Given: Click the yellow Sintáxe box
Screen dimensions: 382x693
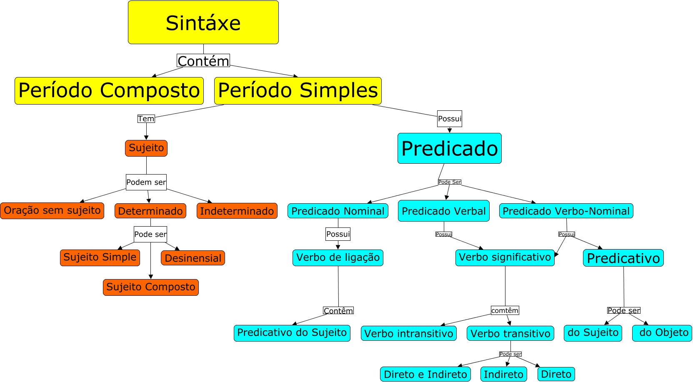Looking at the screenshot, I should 203,22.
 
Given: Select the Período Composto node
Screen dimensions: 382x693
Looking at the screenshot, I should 109,90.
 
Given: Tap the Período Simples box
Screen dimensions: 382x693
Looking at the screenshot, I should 298,90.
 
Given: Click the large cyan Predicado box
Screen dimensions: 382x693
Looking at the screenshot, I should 450,148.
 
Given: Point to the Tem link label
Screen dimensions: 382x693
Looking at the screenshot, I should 146,119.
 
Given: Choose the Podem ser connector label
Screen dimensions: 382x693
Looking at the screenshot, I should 146,182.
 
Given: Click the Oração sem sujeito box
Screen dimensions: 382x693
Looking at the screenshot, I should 52,210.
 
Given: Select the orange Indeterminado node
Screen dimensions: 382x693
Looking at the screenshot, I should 237,211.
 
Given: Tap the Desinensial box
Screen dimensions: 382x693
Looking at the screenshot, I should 193,258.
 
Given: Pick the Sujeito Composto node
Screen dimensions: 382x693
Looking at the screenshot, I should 151,287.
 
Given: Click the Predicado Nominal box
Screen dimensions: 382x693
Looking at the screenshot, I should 338,211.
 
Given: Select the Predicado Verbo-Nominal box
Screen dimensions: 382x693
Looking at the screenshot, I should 566,211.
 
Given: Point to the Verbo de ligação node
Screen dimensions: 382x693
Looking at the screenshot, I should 338,257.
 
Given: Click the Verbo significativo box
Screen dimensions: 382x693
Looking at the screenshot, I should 505,257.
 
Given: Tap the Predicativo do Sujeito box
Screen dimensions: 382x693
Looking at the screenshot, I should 292,333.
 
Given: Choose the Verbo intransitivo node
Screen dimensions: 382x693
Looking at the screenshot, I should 409,333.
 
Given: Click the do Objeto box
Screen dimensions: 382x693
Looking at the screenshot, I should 662,333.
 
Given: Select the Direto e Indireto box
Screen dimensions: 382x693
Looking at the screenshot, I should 425,374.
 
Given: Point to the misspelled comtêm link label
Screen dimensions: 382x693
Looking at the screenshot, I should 505,310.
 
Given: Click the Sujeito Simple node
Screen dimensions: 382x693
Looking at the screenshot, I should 100,257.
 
